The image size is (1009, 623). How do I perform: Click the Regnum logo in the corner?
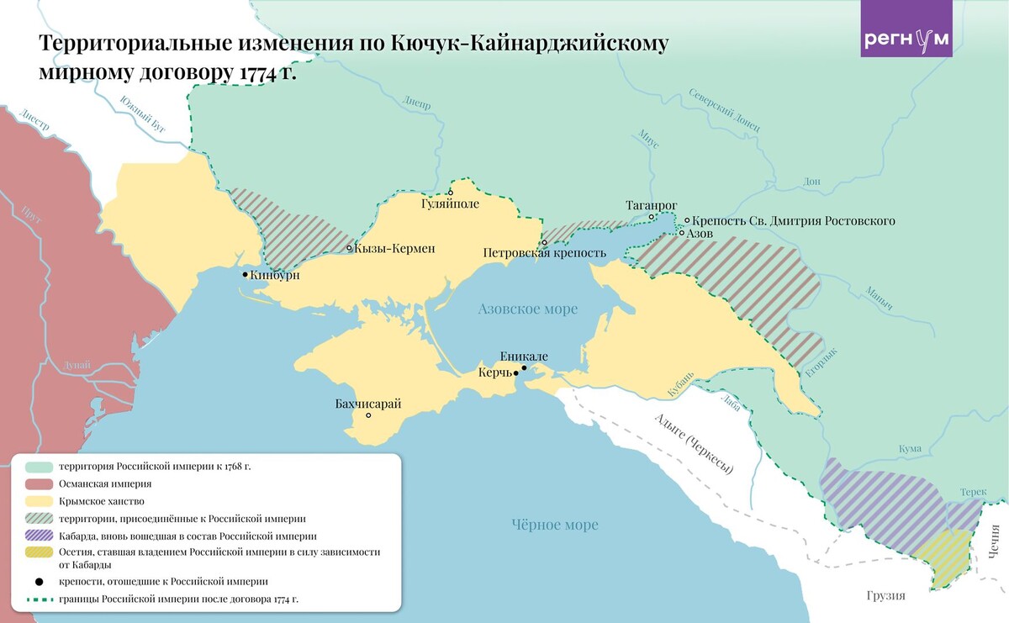click(x=906, y=39)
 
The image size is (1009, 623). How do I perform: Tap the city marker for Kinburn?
click(x=245, y=275)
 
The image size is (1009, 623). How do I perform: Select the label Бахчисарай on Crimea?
click(x=368, y=404)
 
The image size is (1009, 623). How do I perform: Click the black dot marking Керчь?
click(x=524, y=368)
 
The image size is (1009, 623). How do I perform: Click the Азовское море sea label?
click(x=528, y=309)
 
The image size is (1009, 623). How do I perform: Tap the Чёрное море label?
click(x=555, y=525)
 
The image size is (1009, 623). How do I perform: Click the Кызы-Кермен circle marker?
click(x=350, y=248)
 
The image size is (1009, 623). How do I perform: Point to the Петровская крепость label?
click(x=544, y=253)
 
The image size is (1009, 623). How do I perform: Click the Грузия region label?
click(x=885, y=595)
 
